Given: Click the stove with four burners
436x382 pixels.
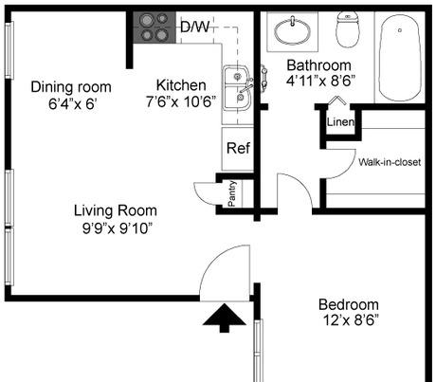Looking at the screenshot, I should [x=153, y=27].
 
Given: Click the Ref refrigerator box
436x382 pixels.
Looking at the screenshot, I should [x=238, y=149].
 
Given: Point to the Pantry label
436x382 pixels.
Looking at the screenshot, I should [x=232, y=193].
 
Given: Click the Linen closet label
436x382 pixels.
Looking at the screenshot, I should [x=339, y=122].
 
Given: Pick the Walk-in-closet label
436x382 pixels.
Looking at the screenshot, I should [x=389, y=162].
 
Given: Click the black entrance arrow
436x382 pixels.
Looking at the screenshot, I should [x=224, y=318].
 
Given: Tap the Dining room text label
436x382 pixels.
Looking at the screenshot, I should [x=65, y=85].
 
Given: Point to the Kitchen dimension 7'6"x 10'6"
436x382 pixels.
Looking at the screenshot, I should [x=180, y=100].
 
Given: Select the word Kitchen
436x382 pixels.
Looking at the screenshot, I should [x=180, y=85].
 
